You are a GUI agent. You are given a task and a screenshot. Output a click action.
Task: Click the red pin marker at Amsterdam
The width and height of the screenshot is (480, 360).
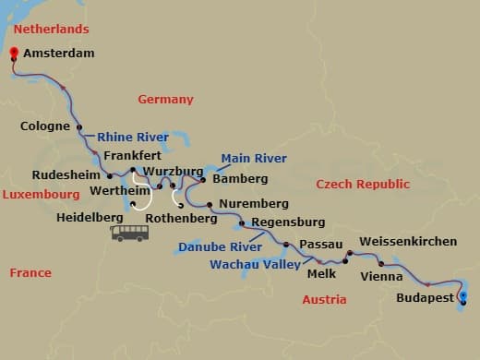(x=14, y=54)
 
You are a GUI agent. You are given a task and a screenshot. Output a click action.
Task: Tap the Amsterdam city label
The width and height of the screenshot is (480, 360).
(x=58, y=54)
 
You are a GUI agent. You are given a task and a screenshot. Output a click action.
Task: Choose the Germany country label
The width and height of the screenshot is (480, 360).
(x=165, y=99)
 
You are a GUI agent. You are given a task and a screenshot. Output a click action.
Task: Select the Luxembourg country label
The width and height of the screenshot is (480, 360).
(x=41, y=195)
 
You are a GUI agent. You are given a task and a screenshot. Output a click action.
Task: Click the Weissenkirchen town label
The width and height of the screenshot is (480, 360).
(x=407, y=241)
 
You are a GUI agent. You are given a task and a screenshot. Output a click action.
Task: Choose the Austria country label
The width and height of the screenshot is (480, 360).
(x=324, y=299)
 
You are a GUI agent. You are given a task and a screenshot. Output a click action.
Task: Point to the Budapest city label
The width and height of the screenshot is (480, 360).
(x=424, y=298)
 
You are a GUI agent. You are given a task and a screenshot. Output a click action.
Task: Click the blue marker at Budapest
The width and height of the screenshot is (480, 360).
(x=463, y=296)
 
